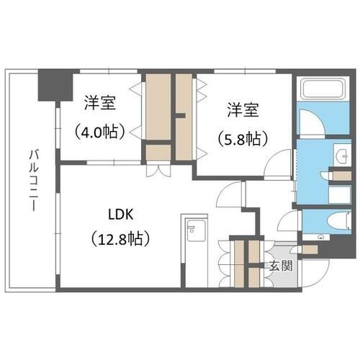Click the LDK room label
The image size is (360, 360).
pos(121,215)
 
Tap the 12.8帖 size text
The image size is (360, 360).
pos(121,238)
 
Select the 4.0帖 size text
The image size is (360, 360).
pos(99,131)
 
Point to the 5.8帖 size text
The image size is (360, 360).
pos(243,139)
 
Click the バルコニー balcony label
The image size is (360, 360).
pos(34,181)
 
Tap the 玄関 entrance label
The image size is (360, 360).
pos(281,266)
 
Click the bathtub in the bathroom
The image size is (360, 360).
pos(323,89)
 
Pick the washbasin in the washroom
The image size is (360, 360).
pos(342,156)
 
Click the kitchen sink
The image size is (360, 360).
pos(196,230)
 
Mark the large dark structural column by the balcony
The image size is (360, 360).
pos(55,86)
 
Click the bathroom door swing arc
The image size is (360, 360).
pos(312,122)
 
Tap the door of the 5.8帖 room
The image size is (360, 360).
pos(277,164)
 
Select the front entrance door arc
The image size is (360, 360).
pos(315,273)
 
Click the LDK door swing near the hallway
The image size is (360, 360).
pos(230,194)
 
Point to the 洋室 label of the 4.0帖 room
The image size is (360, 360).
pos(100,103)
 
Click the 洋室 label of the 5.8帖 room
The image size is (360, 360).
pos(243,110)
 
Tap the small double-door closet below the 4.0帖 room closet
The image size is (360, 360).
pos(158,171)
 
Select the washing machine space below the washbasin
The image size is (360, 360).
pos(339,194)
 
